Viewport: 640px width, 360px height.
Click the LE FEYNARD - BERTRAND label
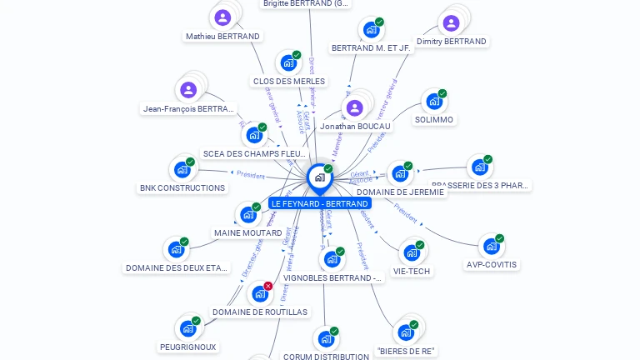[x=319, y=203]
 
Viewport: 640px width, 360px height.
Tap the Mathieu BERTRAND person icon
[x=222, y=17]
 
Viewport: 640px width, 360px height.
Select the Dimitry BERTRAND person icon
[x=451, y=22]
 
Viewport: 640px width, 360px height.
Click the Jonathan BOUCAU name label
[x=354, y=127]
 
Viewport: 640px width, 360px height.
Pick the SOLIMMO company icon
[x=433, y=102]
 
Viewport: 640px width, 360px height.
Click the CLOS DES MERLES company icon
[x=288, y=62]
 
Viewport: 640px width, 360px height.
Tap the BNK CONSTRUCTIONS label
[x=182, y=188]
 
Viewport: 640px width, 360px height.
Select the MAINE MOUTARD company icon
[x=248, y=214]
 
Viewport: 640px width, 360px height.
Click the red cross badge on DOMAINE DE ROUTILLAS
[x=268, y=286]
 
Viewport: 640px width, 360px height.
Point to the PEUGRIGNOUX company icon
[x=187, y=328]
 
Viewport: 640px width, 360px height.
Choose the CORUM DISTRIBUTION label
[x=326, y=357]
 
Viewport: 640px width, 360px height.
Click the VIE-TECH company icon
[x=412, y=252]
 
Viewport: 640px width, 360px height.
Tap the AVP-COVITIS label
[x=491, y=265]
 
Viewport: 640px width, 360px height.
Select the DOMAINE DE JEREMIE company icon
[x=400, y=173]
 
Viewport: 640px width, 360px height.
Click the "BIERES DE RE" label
[x=407, y=352]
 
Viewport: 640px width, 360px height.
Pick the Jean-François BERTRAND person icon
[x=188, y=90]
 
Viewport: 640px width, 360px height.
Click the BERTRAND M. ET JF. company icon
[x=371, y=29]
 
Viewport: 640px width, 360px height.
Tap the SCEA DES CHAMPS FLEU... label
[x=255, y=154]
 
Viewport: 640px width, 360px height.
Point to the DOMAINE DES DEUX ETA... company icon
[x=176, y=249]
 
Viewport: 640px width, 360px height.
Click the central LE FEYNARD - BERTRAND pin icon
[x=319, y=177]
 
